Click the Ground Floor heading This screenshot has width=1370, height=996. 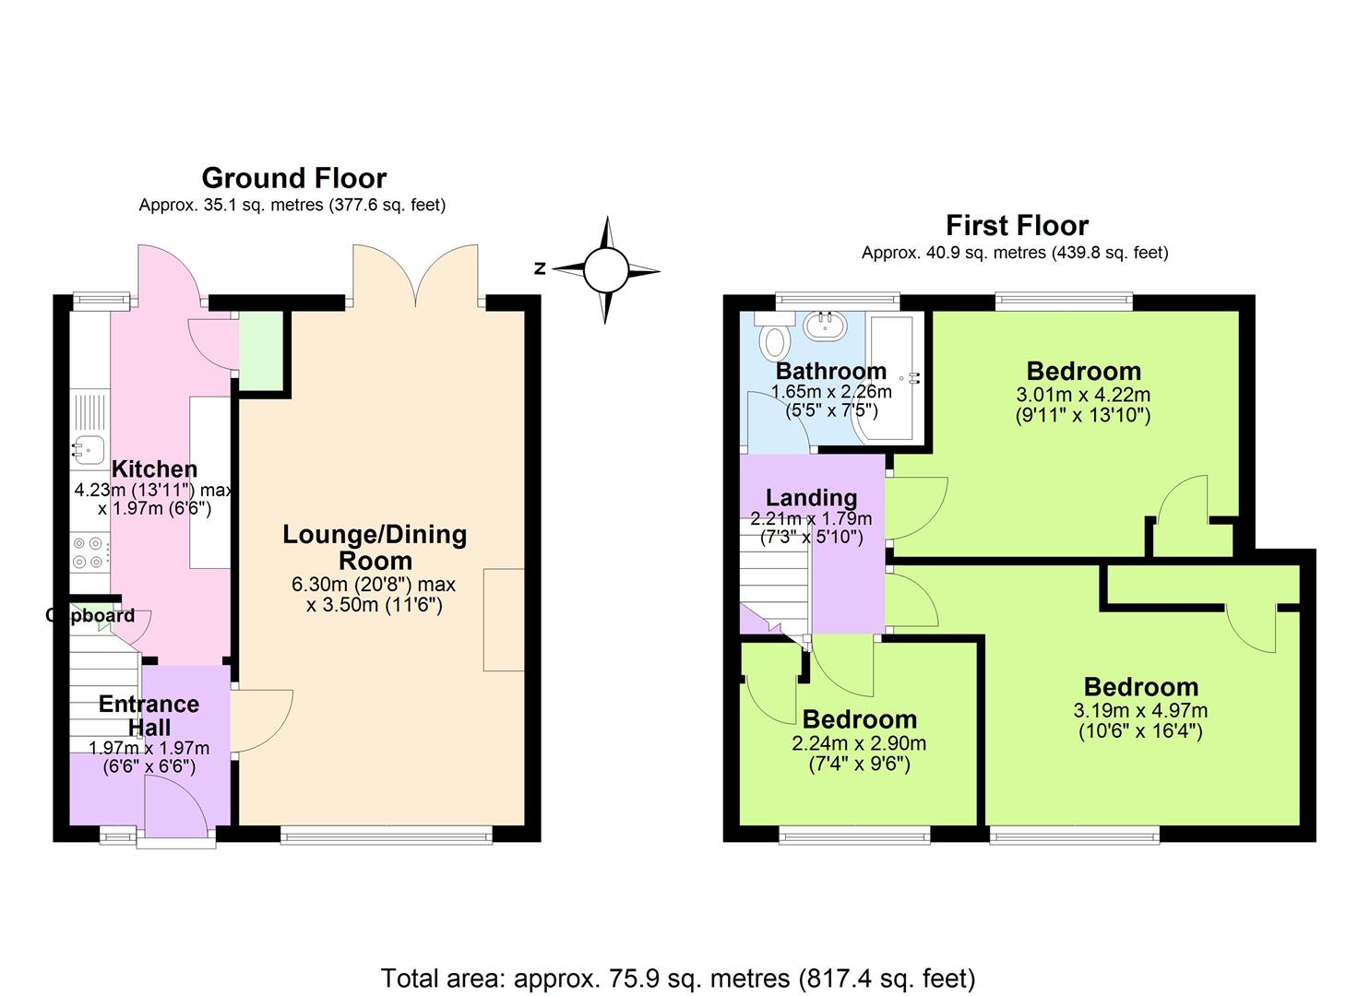(x=293, y=177)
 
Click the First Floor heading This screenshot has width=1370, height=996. (x=1017, y=225)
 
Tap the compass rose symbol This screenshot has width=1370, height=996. (x=606, y=269)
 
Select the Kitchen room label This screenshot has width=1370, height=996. (x=154, y=468)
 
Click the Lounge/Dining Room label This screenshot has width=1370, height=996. (x=375, y=547)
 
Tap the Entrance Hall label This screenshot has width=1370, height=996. (x=149, y=715)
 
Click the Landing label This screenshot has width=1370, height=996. (x=811, y=498)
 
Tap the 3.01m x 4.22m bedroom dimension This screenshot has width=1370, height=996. (x=1083, y=395)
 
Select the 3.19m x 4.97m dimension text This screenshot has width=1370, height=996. (x=1140, y=711)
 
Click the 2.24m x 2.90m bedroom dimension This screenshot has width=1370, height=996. (x=859, y=743)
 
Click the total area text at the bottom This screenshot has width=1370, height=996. (x=678, y=978)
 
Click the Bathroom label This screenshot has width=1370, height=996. (x=830, y=371)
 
